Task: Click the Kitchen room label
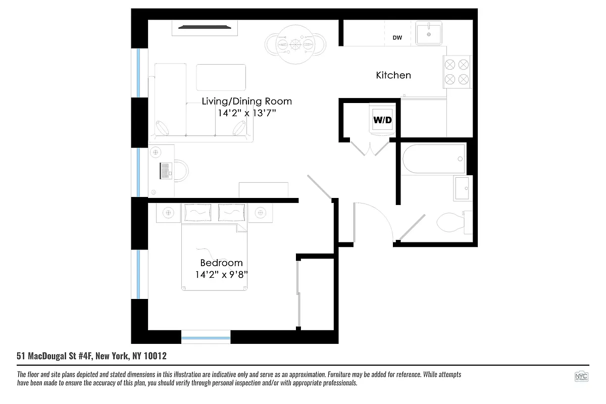pyautogui.click(x=393, y=75)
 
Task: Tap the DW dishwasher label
pyautogui.click(x=397, y=37)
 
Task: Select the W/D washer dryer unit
pyautogui.click(x=382, y=121)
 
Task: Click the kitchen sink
pyautogui.click(x=429, y=33)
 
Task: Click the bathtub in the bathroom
pyautogui.click(x=434, y=159)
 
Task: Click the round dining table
pyautogui.click(x=295, y=46)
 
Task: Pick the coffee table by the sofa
pyautogui.click(x=221, y=77)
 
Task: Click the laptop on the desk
pyautogui.click(x=165, y=171)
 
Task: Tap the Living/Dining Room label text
pyautogui.click(x=246, y=101)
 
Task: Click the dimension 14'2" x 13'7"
pyautogui.click(x=246, y=113)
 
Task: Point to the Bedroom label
pyautogui.click(x=221, y=263)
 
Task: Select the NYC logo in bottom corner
pyautogui.click(x=581, y=377)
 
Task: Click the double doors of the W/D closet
pyautogui.click(x=370, y=147)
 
